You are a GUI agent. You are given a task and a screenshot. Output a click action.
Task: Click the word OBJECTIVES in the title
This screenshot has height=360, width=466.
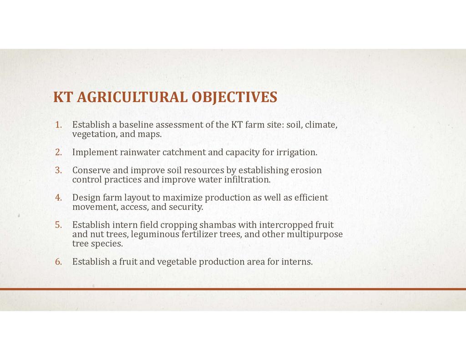(234, 97)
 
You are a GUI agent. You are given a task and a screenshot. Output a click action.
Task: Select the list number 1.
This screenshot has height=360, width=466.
(59, 125)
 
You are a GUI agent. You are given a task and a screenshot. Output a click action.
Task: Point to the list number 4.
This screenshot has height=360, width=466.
(59, 198)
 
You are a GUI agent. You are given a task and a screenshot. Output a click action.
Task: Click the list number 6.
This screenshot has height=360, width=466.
(59, 262)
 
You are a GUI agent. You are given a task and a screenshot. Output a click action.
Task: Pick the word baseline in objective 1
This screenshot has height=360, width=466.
(136, 125)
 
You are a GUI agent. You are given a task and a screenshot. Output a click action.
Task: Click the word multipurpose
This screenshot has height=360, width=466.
(315, 234)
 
